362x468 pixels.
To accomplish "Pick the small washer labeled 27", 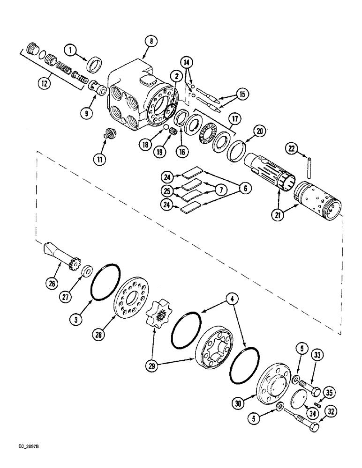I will [86, 272].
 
